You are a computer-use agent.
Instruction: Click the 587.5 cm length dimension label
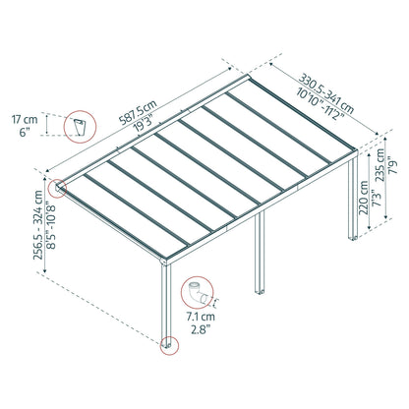click(139, 112)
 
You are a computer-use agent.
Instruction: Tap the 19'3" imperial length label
click(145, 123)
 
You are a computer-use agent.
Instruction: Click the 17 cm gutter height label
click(25, 119)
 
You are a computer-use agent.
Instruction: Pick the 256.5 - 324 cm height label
click(38, 225)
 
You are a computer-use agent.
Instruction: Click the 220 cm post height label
click(364, 198)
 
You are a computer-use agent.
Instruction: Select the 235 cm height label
click(380, 164)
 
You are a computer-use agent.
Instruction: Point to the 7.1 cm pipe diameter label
click(201, 317)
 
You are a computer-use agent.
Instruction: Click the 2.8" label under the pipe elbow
click(201, 329)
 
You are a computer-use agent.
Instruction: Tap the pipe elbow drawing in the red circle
click(198, 293)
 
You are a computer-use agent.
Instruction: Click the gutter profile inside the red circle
click(80, 127)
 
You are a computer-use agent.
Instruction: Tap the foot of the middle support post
click(260, 291)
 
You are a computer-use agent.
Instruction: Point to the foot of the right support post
click(353, 238)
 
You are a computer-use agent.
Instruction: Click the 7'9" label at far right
click(392, 164)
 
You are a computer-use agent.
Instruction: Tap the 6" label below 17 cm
click(25, 133)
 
